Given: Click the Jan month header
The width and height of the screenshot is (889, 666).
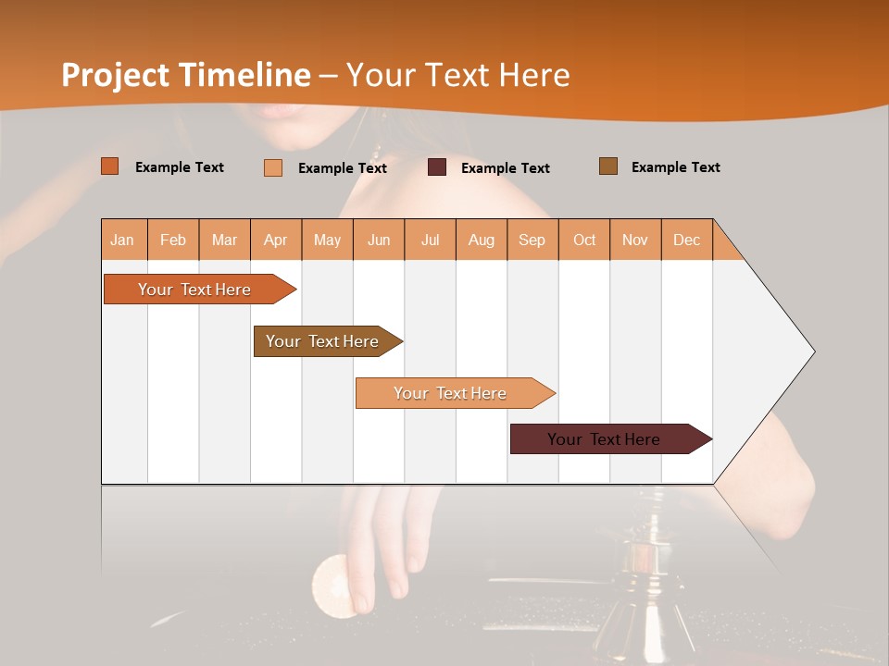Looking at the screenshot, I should point(123,240).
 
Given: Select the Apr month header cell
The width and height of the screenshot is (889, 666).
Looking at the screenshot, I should point(276,240).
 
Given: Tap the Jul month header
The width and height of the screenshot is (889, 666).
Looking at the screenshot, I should point(430,240).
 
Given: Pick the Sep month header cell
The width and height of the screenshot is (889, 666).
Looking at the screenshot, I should point(532,240).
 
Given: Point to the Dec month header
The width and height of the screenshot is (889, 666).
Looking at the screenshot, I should point(686,240).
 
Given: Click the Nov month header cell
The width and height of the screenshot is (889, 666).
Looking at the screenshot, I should point(635,240).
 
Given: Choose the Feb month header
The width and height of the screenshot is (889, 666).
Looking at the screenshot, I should point(173,240).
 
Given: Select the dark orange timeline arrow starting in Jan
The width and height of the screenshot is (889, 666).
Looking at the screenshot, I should point(194,290).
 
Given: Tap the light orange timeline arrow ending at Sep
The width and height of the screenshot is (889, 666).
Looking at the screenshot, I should point(450,393).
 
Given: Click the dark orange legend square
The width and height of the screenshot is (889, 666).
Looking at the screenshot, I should point(109,166).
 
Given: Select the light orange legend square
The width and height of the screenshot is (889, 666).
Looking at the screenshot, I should point(273,167).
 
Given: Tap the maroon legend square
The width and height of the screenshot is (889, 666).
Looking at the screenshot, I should point(437,167).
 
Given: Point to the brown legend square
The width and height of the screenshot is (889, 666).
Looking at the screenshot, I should point(608,166).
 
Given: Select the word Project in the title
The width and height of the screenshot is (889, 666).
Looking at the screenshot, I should point(115,75).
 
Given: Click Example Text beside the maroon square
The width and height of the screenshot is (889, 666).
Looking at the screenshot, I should point(506,168).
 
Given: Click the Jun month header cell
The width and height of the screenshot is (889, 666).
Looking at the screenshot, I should point(379,240).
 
